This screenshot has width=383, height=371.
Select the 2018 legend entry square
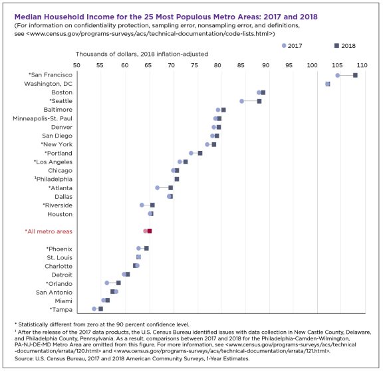tap(336, 45)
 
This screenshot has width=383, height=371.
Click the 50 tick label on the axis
tap(76, 65)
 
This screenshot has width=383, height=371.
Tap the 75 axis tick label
tap(195, 65)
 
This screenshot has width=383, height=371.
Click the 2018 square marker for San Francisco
tap(355, 75)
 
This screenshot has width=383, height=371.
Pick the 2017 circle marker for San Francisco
tap(338, 75)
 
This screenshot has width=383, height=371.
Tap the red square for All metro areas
tap(150, 231)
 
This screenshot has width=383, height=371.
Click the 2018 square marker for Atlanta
tap(170, 187)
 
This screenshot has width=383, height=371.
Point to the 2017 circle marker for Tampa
tap(94, 309)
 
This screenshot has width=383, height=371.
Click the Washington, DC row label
tap(49, 84)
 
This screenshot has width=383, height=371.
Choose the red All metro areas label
tap(49, 231)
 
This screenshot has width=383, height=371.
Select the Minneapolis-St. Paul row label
tap(43, 118)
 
